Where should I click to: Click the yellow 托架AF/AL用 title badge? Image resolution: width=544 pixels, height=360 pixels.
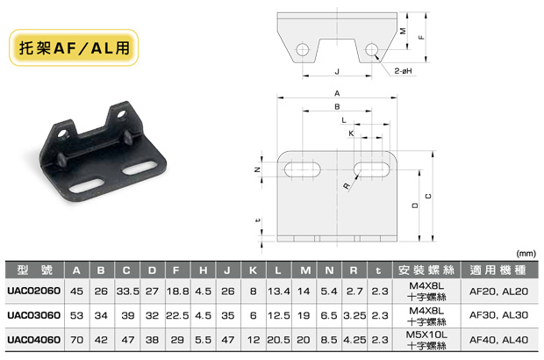74,47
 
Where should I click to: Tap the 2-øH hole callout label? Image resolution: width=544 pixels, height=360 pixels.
403,71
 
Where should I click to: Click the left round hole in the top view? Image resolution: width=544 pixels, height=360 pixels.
303,50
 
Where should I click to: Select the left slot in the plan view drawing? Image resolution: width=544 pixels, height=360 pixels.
302,169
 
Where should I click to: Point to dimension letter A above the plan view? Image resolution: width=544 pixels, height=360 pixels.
337,93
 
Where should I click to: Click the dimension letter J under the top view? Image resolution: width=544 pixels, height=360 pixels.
337,71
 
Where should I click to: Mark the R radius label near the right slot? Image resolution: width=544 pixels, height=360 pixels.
347,186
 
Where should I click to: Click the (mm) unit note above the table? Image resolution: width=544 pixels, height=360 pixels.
526,254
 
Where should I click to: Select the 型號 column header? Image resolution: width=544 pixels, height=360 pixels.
35,270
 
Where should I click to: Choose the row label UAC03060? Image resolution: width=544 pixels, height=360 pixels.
33,315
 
